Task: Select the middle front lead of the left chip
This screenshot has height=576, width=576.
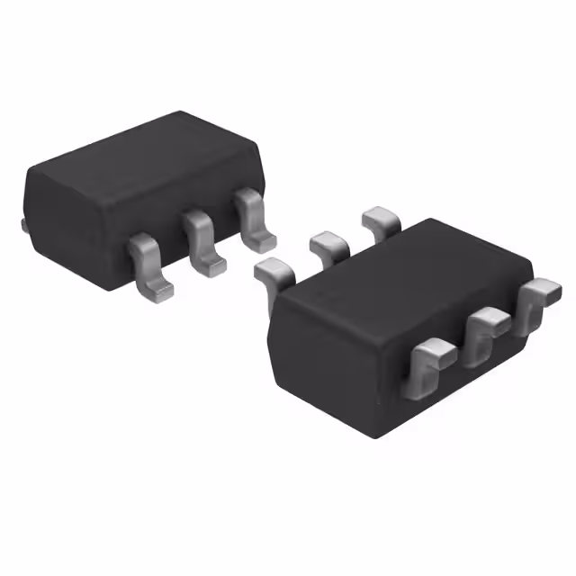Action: click(202, 238)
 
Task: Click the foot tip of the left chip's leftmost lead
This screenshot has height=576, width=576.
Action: click(158, 289)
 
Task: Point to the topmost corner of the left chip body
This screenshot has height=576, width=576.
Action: click(180, 112)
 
